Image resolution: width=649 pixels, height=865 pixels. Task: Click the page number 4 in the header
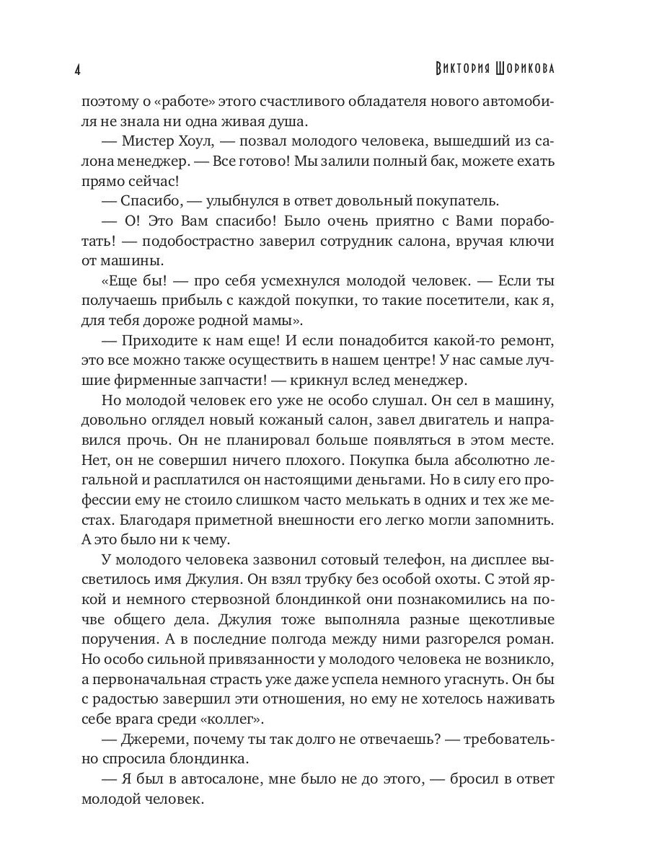click(x=77, y=70)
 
